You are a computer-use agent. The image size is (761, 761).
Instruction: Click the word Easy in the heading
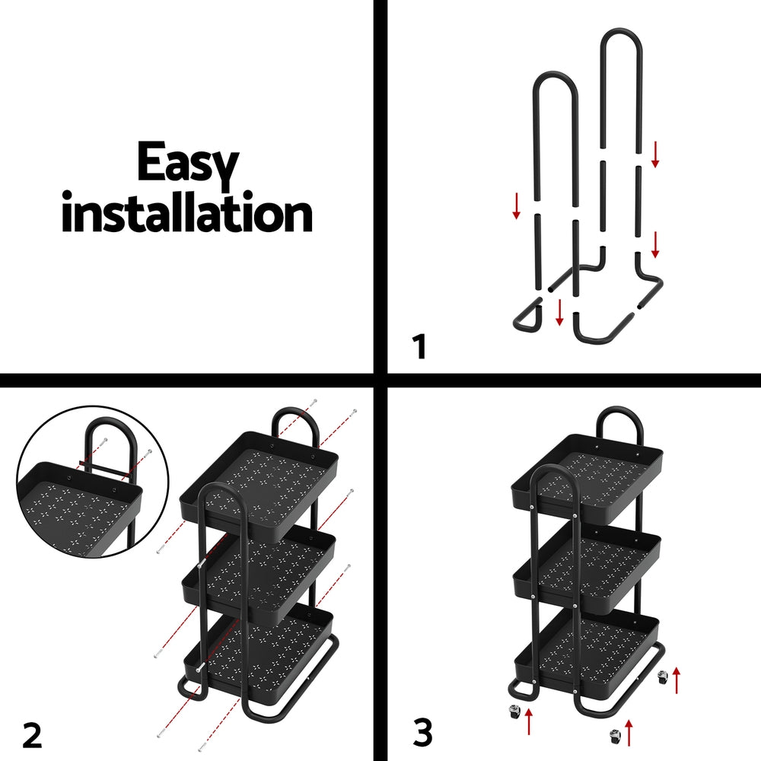pos(188,164)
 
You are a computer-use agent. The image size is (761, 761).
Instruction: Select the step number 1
pos(418,346)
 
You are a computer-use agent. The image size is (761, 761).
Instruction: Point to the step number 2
pos(32,736)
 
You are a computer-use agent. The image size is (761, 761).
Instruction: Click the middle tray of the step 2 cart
pos(259,567)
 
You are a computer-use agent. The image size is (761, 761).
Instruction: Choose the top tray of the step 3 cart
pos(586,472)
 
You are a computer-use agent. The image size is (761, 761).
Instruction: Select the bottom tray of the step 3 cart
pos(586,647)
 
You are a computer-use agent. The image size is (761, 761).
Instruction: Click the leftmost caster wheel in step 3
pos(513,712)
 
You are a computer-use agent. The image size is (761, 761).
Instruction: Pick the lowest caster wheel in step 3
pos(614,736)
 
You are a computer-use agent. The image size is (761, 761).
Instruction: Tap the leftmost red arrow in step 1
pos(516,205)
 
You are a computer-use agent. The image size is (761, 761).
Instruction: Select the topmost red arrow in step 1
pos(655,154)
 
